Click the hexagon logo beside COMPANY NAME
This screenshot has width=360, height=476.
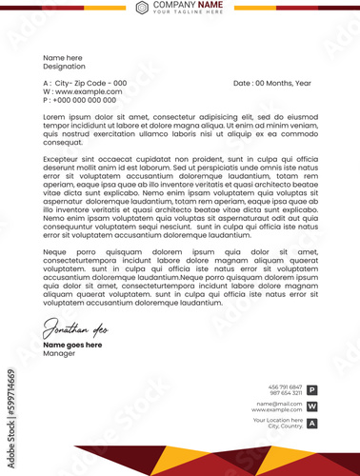[142, 8]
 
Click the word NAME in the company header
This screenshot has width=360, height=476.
[211, 5]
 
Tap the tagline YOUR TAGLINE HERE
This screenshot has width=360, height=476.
[188, 12]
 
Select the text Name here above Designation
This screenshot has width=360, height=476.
[63, 57]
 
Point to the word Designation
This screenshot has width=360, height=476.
[65, 66]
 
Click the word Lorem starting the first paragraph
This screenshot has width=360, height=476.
[53, 116]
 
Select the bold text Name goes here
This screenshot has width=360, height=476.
[72, 345]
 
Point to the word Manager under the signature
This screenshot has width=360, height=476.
[58, 353]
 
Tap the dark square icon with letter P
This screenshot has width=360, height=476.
[311, 389]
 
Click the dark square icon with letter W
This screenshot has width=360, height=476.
[311, 407]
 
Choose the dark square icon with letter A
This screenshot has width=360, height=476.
[311, 423]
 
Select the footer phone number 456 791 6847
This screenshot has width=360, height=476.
[286, 387]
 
